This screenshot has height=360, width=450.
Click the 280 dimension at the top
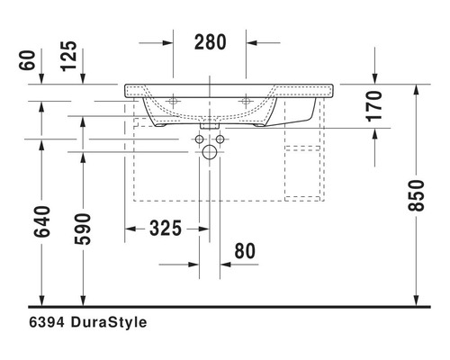click(210, 41)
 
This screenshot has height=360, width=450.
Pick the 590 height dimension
click(82, 228)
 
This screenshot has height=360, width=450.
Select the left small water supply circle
click(199, 140)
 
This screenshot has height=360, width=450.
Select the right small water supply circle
click(222, 140)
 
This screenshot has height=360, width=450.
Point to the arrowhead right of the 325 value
click(204, 229)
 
